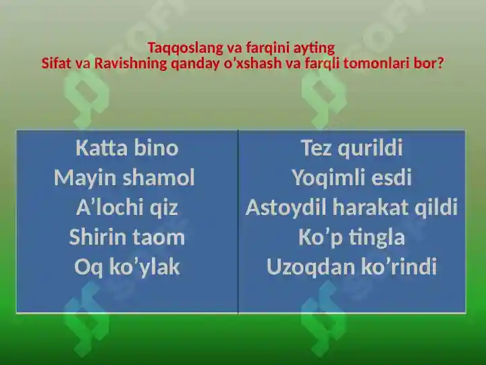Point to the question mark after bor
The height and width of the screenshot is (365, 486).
click(440, 64)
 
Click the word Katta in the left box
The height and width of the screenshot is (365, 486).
click(101, 148)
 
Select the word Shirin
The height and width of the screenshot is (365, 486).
click(98, 237)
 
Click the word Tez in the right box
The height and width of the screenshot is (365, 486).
click(316, 148)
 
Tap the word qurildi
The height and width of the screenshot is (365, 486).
click(371, 148)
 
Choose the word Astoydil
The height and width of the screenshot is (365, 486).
click(286, 208)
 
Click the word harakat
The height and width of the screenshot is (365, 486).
click(371, 208)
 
